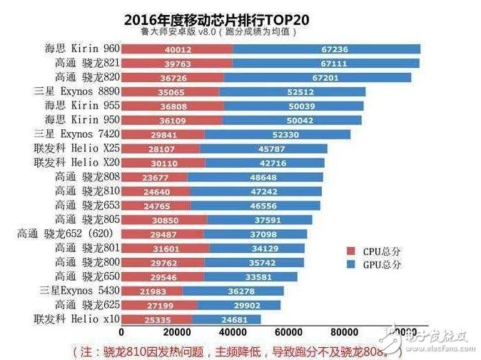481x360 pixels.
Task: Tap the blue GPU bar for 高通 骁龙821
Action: tap(326, 63)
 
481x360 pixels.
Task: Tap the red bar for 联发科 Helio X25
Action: tap(161, 149)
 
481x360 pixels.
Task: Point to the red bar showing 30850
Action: tap(164, 219)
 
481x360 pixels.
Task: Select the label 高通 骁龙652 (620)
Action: tap(67, 234)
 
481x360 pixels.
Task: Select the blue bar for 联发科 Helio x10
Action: tap(227, 319)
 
